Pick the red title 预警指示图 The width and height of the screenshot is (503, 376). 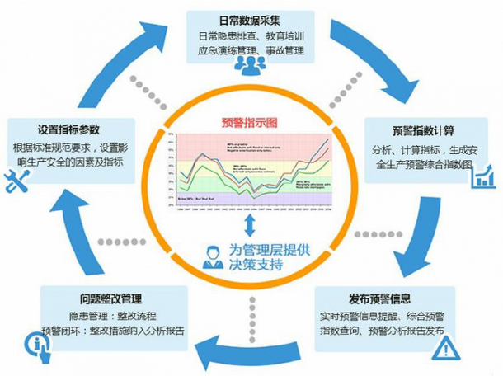click(x=250, y=123)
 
